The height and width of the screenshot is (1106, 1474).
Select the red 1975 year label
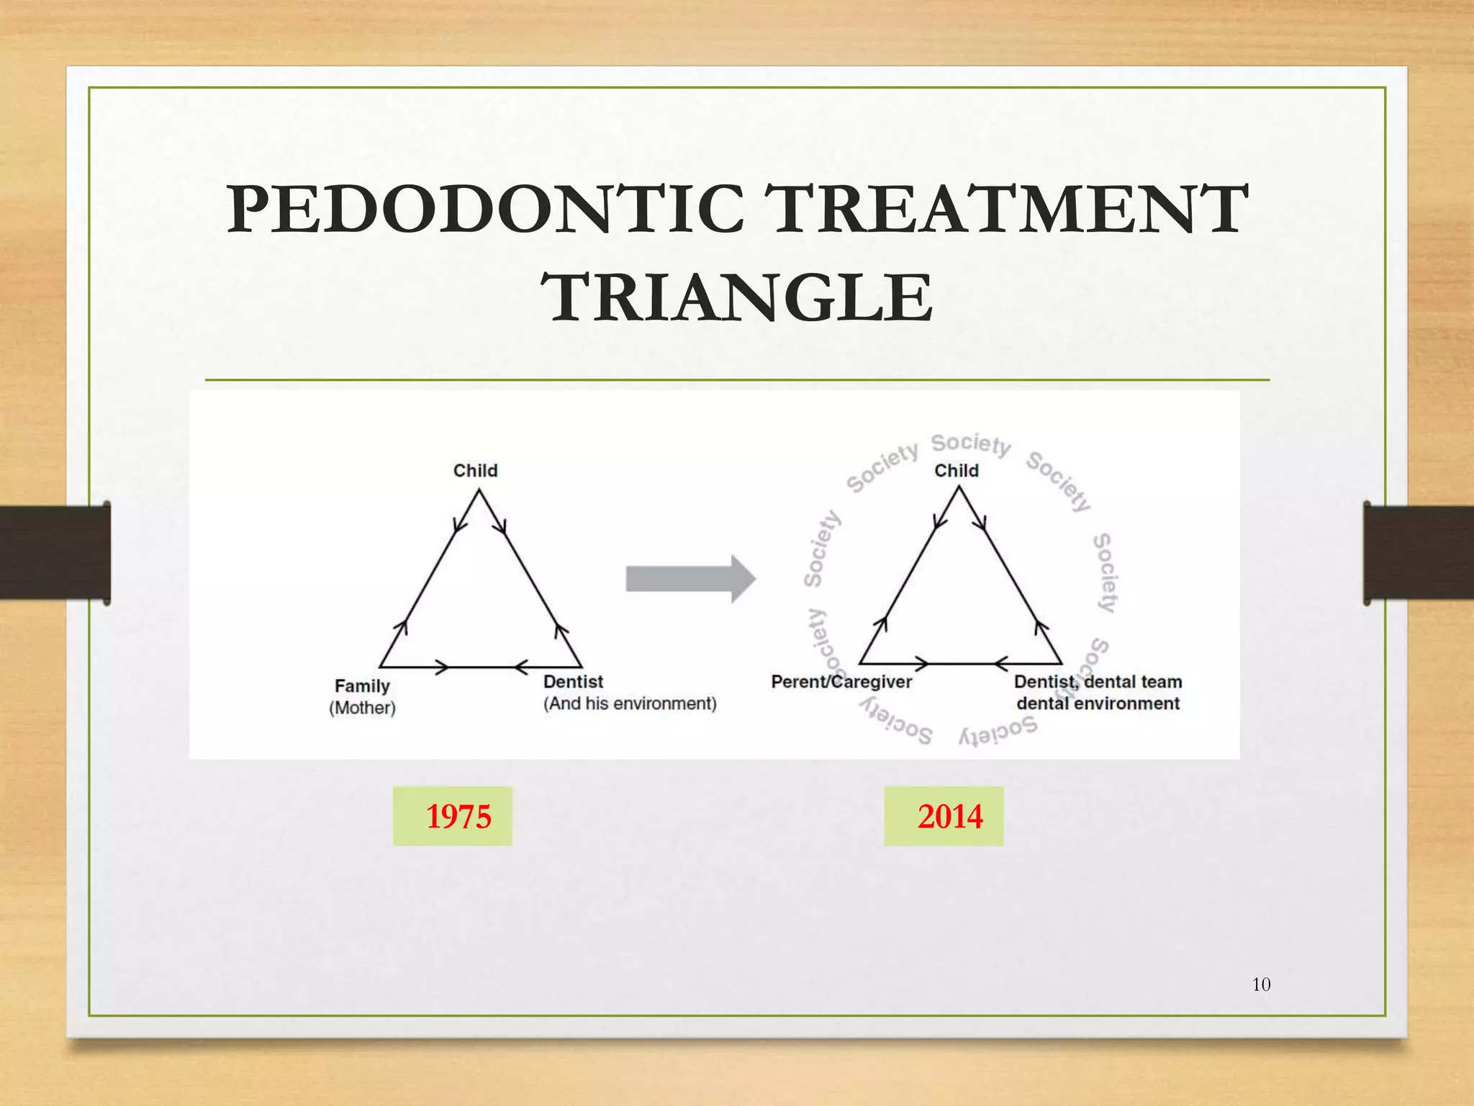458,817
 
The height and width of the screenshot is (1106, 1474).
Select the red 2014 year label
949,817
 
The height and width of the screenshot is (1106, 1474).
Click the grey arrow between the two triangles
689,578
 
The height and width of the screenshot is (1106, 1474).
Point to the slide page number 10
1261,984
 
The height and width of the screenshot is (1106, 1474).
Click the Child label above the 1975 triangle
475,470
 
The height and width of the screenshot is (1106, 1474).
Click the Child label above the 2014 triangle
956,470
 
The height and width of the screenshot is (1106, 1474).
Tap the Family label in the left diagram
362,685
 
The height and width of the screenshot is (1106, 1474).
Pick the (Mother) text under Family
362,708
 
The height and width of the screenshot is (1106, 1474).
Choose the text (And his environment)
630,703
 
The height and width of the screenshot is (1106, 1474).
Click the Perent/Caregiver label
841,681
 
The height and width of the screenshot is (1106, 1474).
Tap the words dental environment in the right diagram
1098,703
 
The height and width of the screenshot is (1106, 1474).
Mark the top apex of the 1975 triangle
479,490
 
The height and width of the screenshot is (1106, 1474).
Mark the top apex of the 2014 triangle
959,487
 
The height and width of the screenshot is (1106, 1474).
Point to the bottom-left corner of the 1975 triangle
380,667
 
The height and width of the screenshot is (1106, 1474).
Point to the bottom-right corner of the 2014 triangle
1062,663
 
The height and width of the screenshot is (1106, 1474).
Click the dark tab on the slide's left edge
55,552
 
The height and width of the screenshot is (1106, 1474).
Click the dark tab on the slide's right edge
1418,552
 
